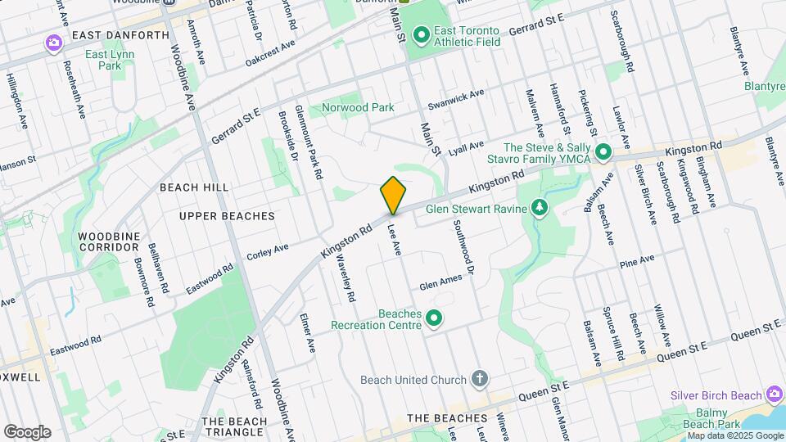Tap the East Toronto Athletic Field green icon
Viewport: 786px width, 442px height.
click(421, 34)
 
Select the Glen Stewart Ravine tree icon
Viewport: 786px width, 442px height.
click(539, 208)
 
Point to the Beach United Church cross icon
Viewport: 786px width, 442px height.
click(480, 379)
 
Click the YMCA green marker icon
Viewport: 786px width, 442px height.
click(603, 152)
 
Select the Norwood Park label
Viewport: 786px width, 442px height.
click(358, 107)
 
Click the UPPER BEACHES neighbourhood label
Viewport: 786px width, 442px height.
click(227, 216)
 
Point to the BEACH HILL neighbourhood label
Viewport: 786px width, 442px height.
click(194, 187)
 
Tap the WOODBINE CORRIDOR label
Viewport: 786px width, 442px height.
click(109, 241)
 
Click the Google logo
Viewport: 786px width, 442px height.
click(27, 431)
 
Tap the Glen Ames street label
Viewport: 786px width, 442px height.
click(440, 282)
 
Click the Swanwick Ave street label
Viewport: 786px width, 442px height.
click(456, 101)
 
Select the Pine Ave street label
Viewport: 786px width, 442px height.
click(637, 261)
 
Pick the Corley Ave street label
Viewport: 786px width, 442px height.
click(269, 249)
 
